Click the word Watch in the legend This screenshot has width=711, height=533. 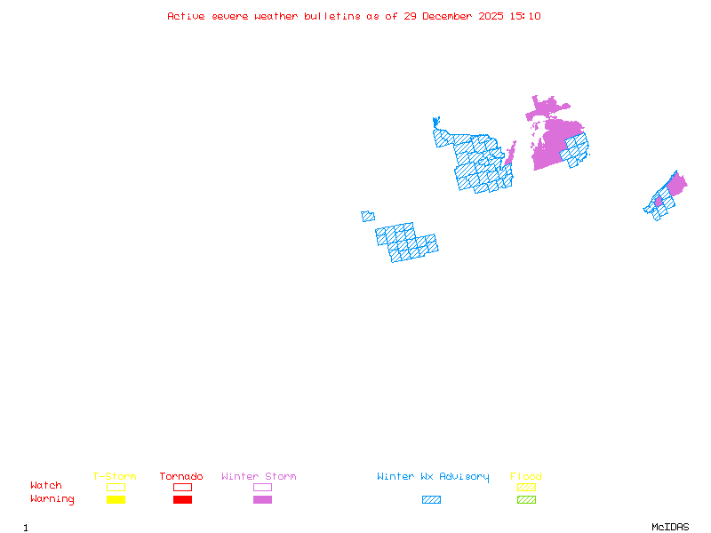tap(46, 486)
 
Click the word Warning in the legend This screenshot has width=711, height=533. tap(52, 499)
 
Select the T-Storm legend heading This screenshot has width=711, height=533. tap(115, 477)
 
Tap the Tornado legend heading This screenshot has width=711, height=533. tap(181, 477)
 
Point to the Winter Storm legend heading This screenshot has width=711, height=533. tap(259, 477)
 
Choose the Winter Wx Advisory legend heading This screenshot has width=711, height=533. tap(433, 477)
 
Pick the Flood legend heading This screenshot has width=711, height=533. tap(526, 477)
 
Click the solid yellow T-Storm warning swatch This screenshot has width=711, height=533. tap(116, 500)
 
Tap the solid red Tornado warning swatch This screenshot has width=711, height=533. tap(182, 500)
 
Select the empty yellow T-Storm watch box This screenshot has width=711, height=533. tap(116, 487)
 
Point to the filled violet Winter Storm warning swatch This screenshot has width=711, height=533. tap(262, 500)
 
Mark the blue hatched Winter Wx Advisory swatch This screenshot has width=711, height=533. tap(431, 500)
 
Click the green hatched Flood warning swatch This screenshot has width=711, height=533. tap(526, 500)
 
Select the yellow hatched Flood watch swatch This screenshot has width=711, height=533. tap(526, 487)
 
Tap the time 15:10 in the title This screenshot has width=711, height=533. tap(524, 16)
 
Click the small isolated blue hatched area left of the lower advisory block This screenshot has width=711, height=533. tap(368, 216)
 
